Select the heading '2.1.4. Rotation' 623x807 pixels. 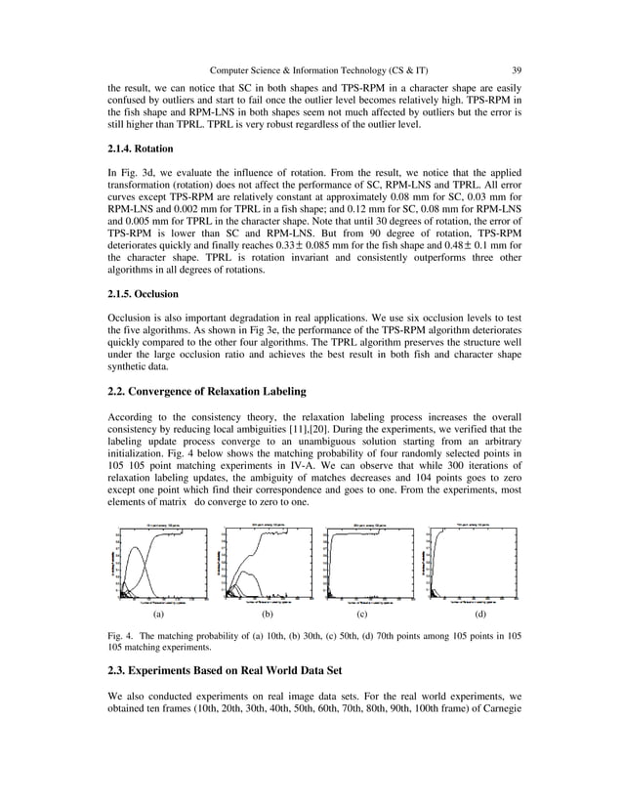(x=141, y=149)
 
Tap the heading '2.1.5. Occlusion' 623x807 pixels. (x=145, y=293)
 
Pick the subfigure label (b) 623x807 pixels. (x=265, y=616)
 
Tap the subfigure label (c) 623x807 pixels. (x=361, y=616)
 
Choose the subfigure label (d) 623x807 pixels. (x=479, y=616)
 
